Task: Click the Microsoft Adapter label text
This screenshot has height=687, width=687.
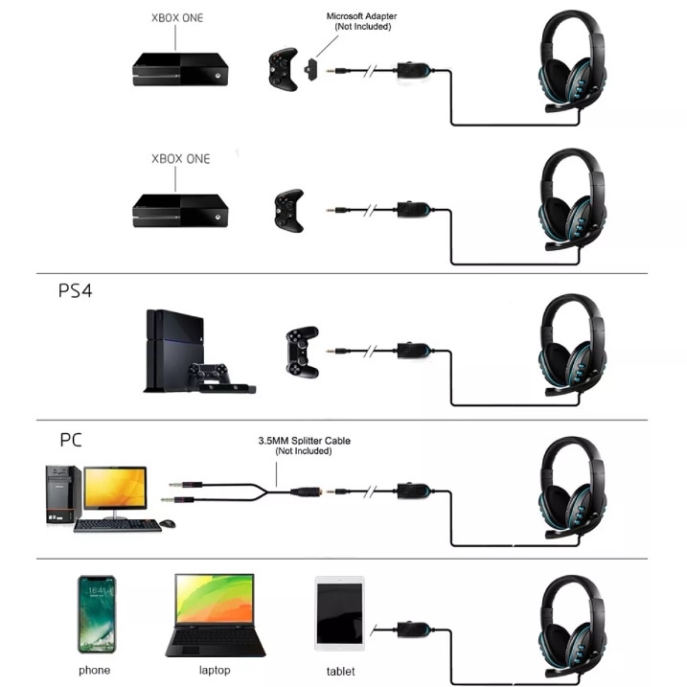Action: [x=361, y=21]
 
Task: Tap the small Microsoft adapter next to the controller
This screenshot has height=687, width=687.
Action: [x=310, y=70]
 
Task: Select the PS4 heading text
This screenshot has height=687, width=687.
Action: [x=76, y=291]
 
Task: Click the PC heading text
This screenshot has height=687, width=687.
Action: [x=71, y=440]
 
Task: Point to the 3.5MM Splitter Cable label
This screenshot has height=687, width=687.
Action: [x=304, y=446]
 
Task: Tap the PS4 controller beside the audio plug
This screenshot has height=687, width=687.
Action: [x=302, y=352]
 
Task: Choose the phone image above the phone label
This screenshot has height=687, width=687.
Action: [x=97, y=614]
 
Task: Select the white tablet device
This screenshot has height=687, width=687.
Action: [x=339, y=613]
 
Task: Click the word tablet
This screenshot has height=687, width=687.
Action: [x=340, y=672]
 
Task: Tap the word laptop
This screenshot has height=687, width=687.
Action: [x=215, y=670]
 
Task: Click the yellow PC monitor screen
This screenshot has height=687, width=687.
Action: [x=115, y=487]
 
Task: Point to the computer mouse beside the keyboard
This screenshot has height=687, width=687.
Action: [x=168, y=523]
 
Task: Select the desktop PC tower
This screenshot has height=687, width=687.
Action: [x=63, y=494]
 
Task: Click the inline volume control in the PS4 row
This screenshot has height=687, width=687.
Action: [x=414, y=350]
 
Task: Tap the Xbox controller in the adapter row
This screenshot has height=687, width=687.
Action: [x=283, y=69]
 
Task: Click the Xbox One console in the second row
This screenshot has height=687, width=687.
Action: [x=180, y=211]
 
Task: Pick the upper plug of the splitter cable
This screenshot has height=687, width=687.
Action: [x=186, y=484]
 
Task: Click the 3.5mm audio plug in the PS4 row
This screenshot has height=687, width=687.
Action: [x=338, y=351]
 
